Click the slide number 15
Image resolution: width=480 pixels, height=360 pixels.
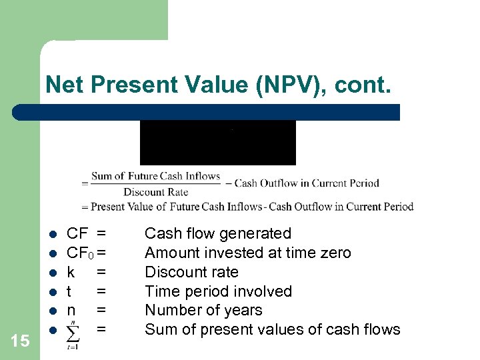point(21,341)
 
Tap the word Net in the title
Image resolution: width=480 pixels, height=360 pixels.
point(65,85)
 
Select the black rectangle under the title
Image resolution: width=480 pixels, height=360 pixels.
point(217,142)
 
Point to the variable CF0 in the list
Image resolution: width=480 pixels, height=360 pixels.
point(80,253)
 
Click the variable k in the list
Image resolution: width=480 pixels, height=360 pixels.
point(71,272)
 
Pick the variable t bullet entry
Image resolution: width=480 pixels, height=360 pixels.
point(70,291)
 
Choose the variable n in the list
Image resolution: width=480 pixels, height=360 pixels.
point(71,310)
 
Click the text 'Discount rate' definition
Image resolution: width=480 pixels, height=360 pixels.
point(191,272)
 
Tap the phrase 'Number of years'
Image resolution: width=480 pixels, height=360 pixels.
point(203,310)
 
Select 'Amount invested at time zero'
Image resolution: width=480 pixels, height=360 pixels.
point(247,253)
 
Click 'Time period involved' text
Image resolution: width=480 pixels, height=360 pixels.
point(218,291)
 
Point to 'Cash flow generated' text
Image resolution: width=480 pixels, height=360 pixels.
point(218,233)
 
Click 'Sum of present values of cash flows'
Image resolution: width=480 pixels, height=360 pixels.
point(272,329)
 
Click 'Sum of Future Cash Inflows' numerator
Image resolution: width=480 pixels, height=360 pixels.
point(155,177)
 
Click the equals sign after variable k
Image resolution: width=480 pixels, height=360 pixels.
point(101,272)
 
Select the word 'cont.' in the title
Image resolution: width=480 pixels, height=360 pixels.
point(366,85)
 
